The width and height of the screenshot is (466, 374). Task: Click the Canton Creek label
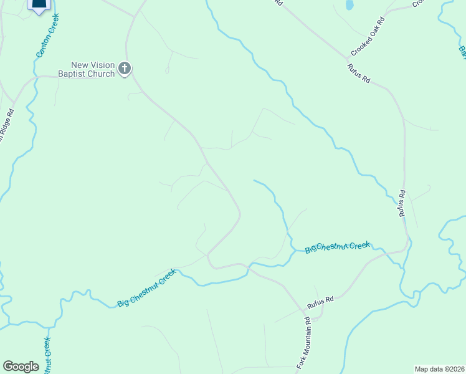(47, 37)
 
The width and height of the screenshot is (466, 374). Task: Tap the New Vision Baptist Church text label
(93, 69)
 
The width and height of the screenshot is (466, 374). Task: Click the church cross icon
(125, 69)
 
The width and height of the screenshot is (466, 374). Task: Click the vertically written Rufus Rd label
(403, 203)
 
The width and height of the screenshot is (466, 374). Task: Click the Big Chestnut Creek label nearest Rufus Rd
(338, 247)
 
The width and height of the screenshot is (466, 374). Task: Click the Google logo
(21, 367)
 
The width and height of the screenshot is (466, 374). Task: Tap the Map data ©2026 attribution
(440, 369)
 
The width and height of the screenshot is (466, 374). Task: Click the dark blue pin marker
(39, 5)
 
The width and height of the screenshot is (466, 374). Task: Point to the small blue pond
(349, 5)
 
